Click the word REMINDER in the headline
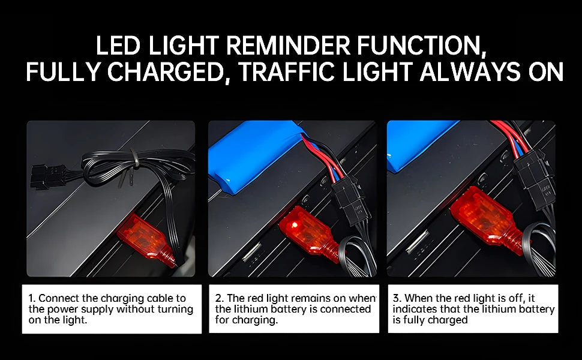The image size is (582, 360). [x=287, y=46]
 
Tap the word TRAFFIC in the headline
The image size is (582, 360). [x=287, y=71]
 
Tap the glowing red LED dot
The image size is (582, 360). [x=295, y=224]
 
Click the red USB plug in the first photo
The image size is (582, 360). [x=146, y=239]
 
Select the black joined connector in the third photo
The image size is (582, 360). [x=535, y=178]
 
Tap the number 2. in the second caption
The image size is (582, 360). [x=220, y=298]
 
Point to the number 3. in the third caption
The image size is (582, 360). [x=397, y=298]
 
